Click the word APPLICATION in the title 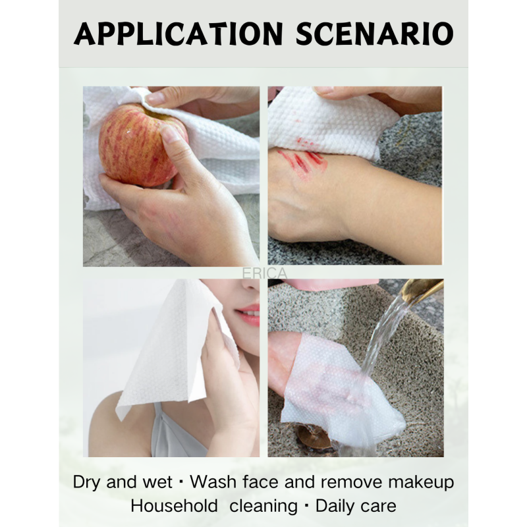(178, 34)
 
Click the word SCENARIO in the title (375, 34)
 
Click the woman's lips (249, 315)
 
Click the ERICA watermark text (265, 273)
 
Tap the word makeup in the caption (421, 483)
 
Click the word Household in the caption (174, 506)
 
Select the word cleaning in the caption (263, 507)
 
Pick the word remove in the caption (351, 483)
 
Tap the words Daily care (356, 507)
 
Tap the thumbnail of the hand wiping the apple (171, 177)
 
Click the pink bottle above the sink (331, 284)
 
